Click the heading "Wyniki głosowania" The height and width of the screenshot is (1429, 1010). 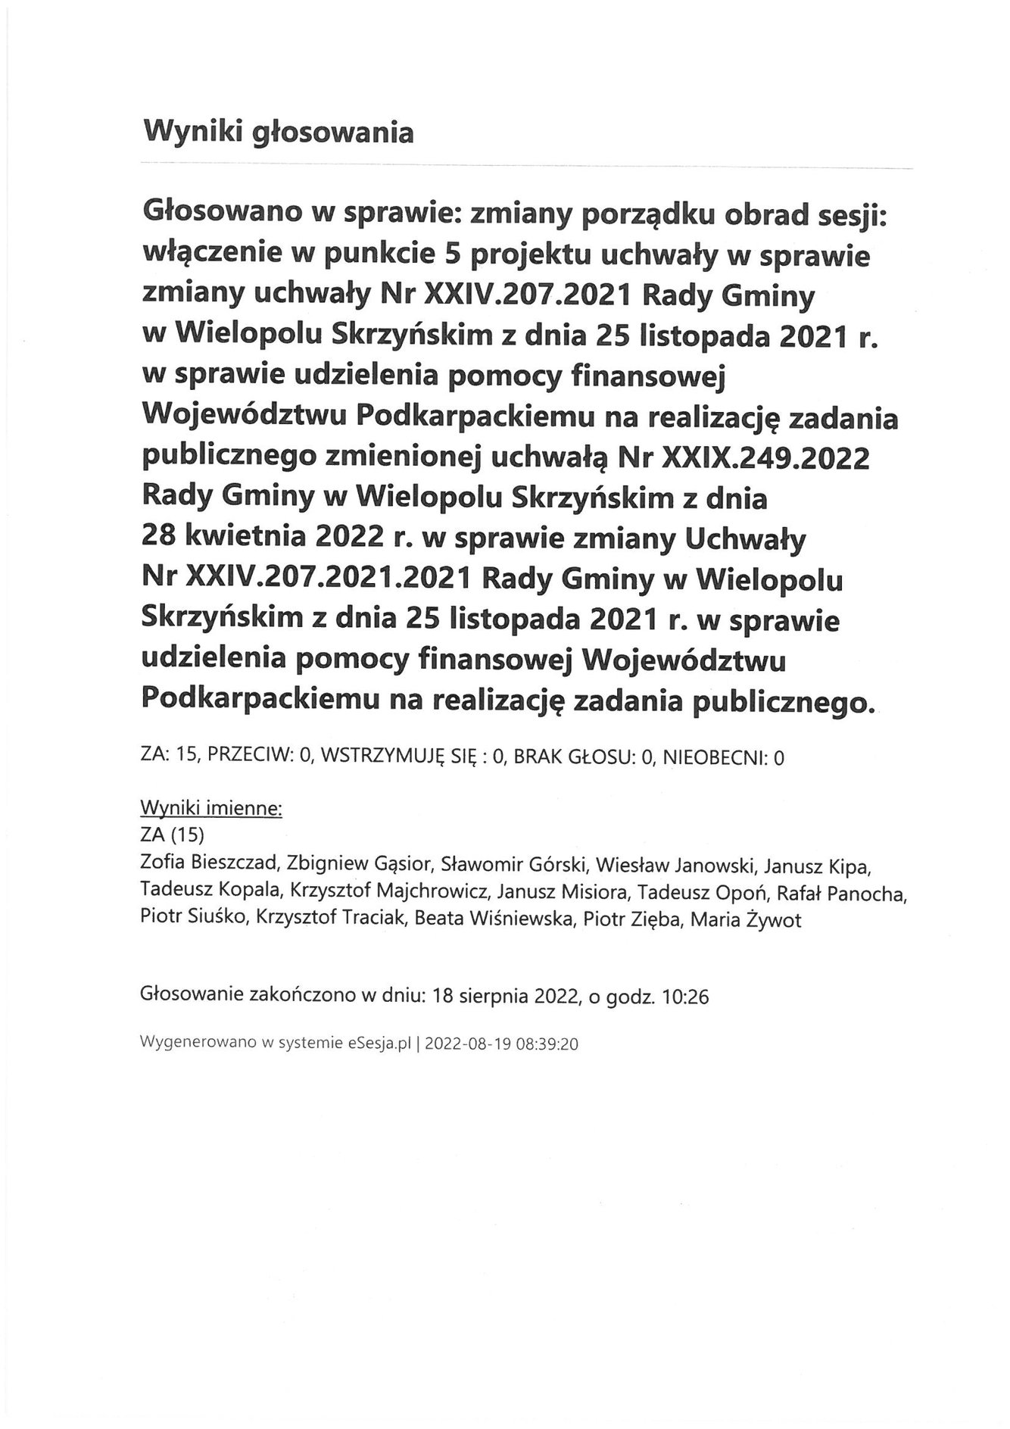[x=277, y=133]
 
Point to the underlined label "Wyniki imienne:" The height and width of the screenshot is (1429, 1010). [x=211, y=809]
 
